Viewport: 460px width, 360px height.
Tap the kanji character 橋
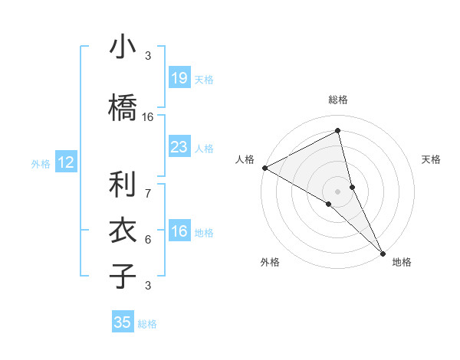click(x=123, y=107)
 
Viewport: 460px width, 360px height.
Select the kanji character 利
click(x=123, y=184)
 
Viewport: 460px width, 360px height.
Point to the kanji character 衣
click(x=123, y=230)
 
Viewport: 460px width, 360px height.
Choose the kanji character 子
click(x=123, y=276)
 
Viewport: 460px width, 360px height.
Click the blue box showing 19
click(x=179, y=78)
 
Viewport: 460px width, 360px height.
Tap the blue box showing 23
click(x=179, y=147)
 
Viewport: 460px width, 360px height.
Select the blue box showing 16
click(x=179, y=232)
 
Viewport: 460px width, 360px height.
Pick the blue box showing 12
click(x=66, y=162)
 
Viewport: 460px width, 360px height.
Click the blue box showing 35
click(x=123, y=322)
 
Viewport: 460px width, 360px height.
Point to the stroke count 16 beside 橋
click(x=148, y=117)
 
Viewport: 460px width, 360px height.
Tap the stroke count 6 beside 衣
click(x=148, y=239)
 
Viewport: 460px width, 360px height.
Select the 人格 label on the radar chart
click(x=245, y=159)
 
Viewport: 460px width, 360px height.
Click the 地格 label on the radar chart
click(x=402, y=263)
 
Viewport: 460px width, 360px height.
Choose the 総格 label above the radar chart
click(x=338, y=100)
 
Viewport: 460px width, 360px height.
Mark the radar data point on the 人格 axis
click(x=264, y=168)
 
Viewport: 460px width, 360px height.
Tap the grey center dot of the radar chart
click(x=337, y=191)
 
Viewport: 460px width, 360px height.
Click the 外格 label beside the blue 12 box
click(x=41, y=163)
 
